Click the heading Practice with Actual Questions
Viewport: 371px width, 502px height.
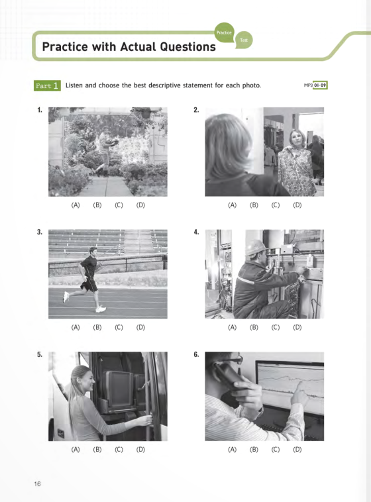[x=129, y=47]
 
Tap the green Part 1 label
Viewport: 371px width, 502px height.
[x=47, y=85]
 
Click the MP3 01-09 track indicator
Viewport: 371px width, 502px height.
[x=315, y=85]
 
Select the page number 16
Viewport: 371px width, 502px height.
[x=38, y=483]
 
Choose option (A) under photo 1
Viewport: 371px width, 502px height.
[x=76, y=205]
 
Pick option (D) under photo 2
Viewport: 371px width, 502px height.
[x=297, y=205]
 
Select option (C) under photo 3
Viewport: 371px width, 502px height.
[x=119, y=327]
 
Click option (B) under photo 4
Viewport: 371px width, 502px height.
[x=254, y=327]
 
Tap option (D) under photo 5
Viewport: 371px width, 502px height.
[x=140, y=450]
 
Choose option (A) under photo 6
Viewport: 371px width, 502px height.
[x=232, y=450]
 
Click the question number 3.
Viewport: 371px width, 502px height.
[x=40, y=232]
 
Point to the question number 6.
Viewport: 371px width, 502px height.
[x=196, y=354]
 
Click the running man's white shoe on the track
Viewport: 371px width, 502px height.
[x=100, y=309]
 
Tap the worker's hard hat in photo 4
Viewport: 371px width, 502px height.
[x=254, y=247]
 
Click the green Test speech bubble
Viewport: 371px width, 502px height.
[x=242, y=40]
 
